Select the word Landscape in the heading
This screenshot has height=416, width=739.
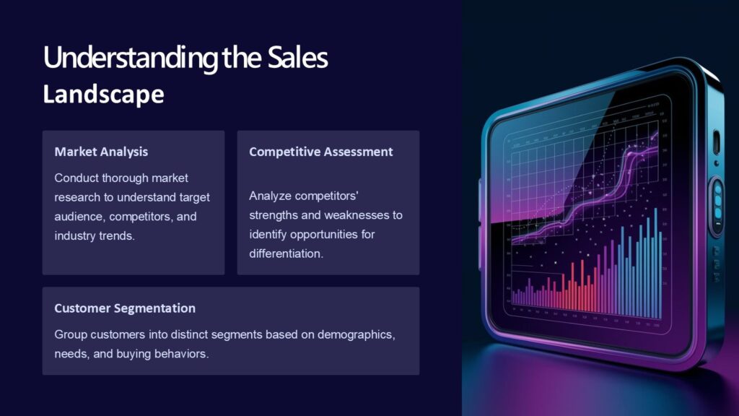click(103, 95)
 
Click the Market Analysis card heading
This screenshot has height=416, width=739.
click(101, 152)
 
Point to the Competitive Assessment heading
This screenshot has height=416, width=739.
click(321, 152)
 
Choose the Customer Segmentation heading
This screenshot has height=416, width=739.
click(125, 308)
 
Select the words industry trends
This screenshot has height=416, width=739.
click(95, 236)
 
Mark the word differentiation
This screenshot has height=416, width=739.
click(286, 254)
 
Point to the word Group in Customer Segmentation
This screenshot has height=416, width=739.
click(70, 336)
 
